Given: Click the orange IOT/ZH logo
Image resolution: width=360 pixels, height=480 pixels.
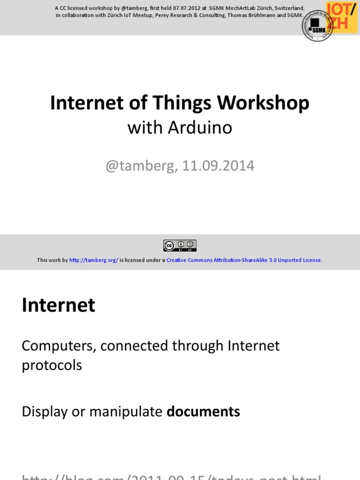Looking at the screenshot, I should tap(344, 16).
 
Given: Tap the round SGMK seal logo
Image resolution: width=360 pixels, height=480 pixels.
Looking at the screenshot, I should tap(317, 25).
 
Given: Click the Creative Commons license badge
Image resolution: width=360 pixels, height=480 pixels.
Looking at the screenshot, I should tap(180, 245).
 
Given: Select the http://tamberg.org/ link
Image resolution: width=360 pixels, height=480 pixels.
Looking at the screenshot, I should tap(94, 260).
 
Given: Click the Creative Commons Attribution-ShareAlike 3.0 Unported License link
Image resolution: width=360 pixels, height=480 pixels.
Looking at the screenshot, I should tap(244, 260).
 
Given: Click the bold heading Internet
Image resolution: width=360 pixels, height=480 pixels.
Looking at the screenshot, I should tap(59, 305).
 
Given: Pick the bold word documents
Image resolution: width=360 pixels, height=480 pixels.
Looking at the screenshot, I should tap(203, 412).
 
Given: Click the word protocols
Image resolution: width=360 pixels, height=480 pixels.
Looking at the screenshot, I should tap(52, 365).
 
